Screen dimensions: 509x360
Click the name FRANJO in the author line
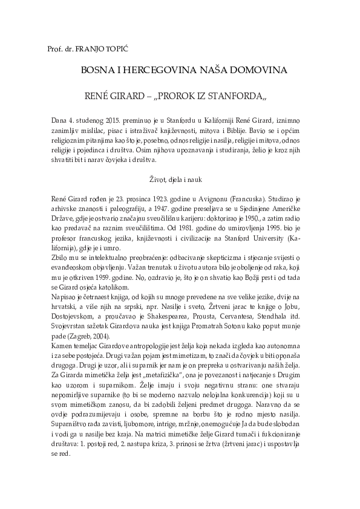pyautogui.click(x=90, y=47)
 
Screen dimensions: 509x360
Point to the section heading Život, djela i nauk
pyautogui.click(x=180, y=180)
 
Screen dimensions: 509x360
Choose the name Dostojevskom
pyautogui.click(x=68, y=325)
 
